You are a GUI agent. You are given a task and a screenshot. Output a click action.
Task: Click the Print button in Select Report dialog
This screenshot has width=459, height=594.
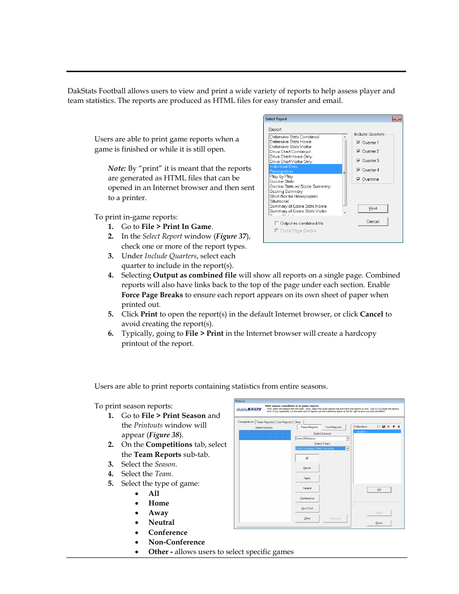pos(372,208)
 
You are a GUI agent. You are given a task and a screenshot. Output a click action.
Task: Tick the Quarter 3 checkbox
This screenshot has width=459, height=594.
pos(358,161)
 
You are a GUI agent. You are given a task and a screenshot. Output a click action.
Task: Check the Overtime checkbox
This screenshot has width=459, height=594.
pos(358,179)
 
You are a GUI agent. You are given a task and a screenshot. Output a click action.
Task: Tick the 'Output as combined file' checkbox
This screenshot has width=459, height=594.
pos(276,223)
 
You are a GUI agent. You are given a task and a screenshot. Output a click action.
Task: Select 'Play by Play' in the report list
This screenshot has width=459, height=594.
pos(281,177)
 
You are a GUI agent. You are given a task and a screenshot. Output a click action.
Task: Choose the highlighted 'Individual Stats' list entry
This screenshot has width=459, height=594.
pos(284,166)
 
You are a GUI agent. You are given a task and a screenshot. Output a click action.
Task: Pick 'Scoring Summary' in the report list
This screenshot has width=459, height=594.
pos(286,191)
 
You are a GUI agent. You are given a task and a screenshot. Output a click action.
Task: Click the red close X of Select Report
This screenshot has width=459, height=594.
pos(396,119)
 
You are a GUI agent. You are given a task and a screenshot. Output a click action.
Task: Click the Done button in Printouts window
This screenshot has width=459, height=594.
pos(379,523)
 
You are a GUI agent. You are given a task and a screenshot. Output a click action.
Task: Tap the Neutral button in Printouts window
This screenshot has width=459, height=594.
pos(307,488)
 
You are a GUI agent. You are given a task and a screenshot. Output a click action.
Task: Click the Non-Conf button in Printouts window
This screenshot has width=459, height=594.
pos(307,508)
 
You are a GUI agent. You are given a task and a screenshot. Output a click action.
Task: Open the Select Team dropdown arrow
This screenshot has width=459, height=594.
pos(347,448)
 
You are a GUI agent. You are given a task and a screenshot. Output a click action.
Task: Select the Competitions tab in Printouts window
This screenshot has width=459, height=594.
pos(246,422)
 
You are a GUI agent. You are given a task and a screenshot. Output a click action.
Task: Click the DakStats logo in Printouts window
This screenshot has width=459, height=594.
pos(249,410)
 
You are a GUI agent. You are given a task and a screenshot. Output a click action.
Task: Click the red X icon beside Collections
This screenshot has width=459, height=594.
pos(388,427)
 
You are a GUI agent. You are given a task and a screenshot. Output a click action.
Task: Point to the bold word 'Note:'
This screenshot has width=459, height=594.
pos(117,168)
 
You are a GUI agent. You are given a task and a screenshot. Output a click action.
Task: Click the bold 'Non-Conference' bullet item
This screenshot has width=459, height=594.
pos(177,542)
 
